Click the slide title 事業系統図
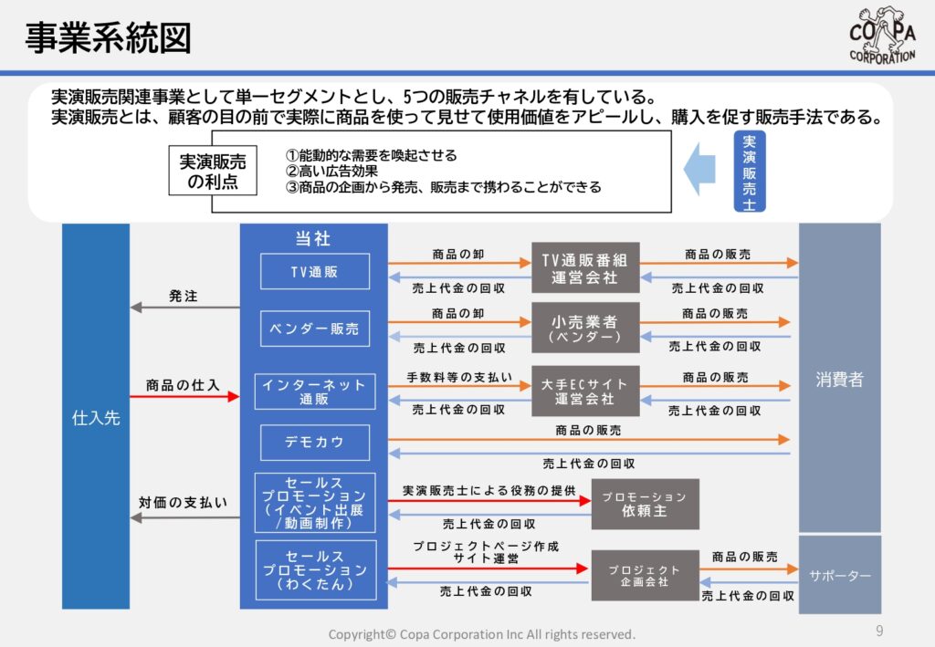tap(108, 38)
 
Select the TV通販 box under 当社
tap(315, 272)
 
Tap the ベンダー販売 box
tap(315, 329)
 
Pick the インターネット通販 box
tap(315, 391)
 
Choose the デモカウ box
tap(315, 442)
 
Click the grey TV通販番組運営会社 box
tap(585, 267)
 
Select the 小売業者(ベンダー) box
tap(585, 328)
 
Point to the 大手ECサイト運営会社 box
tap(585, 391)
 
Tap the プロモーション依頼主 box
tap(646, 504)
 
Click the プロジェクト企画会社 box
tap(646, 575)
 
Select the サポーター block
tap(840, 575)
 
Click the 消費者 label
tap(840, 379)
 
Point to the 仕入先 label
tap(96, 418)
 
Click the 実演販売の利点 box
tap(213, 171)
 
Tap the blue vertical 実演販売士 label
tap(750, 172)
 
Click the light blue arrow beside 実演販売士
tap(699, 169)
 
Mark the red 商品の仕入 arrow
tap(184, 396)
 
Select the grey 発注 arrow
tap(184, 308)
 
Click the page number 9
tap(879, 631)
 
